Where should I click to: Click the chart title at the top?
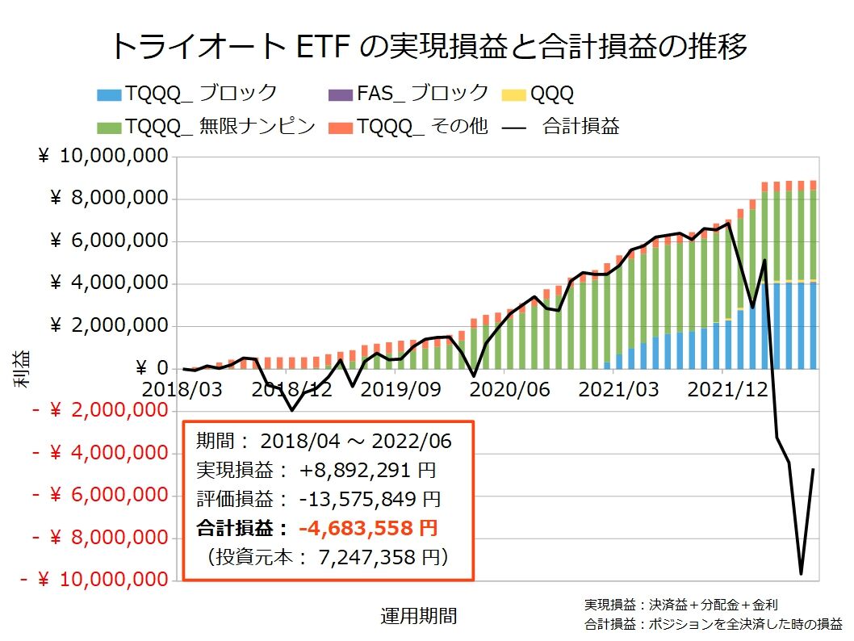[427, 46]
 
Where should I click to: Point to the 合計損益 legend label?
[581, 127]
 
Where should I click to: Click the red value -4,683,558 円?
[368, 529]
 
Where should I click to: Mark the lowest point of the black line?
[801, 574]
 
